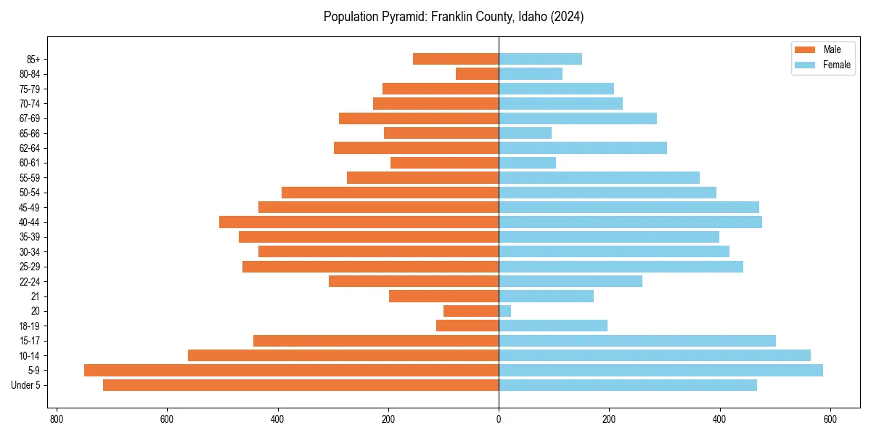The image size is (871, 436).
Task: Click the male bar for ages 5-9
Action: pyautogui.click(x=291, y=371)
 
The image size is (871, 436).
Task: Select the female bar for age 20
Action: pyautogui.click(x=504, y=311)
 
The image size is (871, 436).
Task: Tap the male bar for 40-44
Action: pyautogui.click(x=359, y=222)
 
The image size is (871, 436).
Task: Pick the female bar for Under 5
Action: pyautogui.click(x=628, y=385)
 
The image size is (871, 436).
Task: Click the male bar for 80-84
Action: pyautogui.click(x=477, y=74)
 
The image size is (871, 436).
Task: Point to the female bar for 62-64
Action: pyautogui.click(x=583, y=148)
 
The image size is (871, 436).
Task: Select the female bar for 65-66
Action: pyautogui.click(x=525, y=133)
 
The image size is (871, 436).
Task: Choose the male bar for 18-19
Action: pyautogui.click(x=467, y=326)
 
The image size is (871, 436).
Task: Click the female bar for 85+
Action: pyautogui.click(x=540, y=59)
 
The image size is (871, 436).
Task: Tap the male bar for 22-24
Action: pyautogui.click(x=414, y=281)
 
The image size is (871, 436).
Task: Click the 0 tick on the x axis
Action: pyautogui.click(x=499, y=419)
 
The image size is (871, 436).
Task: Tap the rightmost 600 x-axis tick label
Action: pyautogui.click(x=830, y=419)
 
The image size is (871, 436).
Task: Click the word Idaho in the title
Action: pyautogui.click(x=531, y=17)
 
